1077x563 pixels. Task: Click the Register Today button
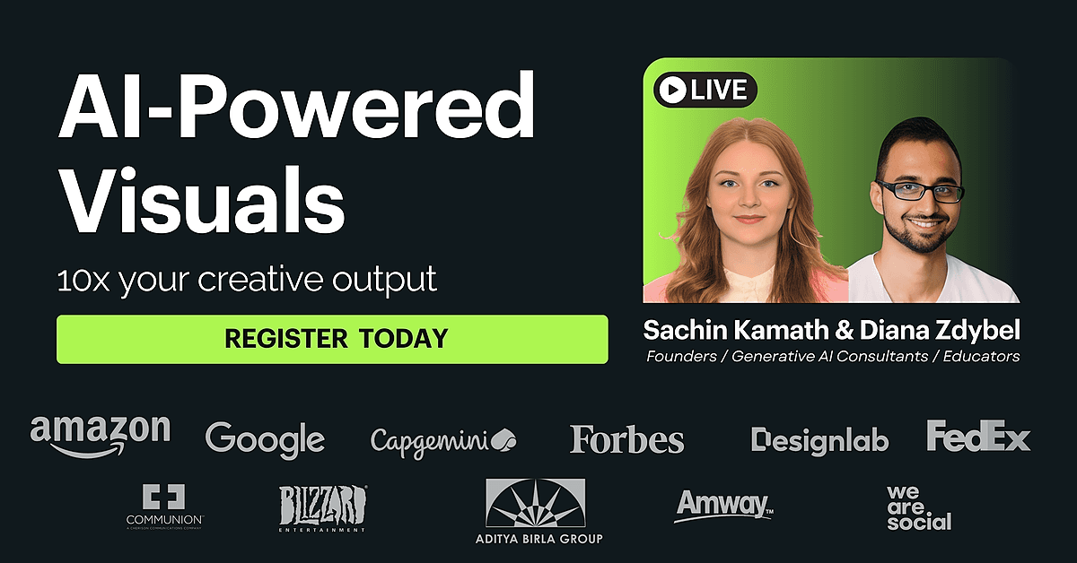pos(332,339)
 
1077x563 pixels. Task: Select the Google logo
pos(265,440)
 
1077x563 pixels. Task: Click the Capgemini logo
pos(443,442)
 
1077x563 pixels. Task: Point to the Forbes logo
pos(626,439)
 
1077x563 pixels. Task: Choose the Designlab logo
pos(819,440)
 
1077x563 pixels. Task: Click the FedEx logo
pos(978,436)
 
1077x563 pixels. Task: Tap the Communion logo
pos(164,507)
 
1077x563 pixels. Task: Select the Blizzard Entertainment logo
pos(322,508)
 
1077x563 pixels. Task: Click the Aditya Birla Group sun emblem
pos(536,503)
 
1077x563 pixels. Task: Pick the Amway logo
pos(724,506)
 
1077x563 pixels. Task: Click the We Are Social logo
pos(919,508)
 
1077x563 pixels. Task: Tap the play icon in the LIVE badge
pos(672,90)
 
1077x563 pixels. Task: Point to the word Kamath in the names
pos(783,330)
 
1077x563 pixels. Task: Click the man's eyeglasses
pos(920,191)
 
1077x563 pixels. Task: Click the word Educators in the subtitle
pos(981,357)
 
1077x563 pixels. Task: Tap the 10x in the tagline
pos(83,281)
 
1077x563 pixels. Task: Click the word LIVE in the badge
pos(719,90)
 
